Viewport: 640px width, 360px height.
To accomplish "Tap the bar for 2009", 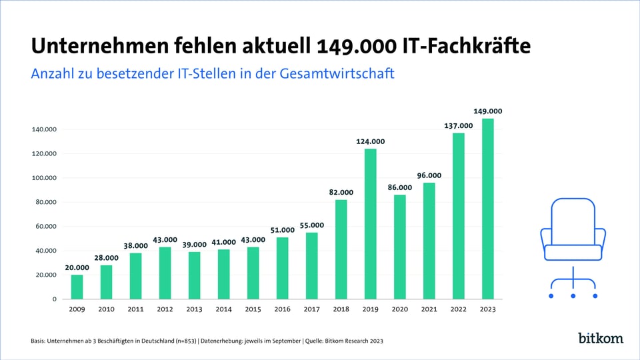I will pos(77,287).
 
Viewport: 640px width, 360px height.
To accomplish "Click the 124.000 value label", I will pos(370,141).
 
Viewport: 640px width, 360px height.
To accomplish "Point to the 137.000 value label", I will pos(458,125).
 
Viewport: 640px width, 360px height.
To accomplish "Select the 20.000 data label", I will pos(77,268).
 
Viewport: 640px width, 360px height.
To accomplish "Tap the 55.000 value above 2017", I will pos(311,225).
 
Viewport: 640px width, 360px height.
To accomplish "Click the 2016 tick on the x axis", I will pos(282,309).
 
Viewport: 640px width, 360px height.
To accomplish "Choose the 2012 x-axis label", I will pos(165,309).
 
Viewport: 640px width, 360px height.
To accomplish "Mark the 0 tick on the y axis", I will pos(55,299).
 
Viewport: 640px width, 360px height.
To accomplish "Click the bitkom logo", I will pos(600,338).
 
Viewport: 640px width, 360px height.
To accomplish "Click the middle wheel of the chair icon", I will pos(573,295).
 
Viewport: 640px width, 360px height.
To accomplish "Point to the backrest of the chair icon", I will pos(573,220).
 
